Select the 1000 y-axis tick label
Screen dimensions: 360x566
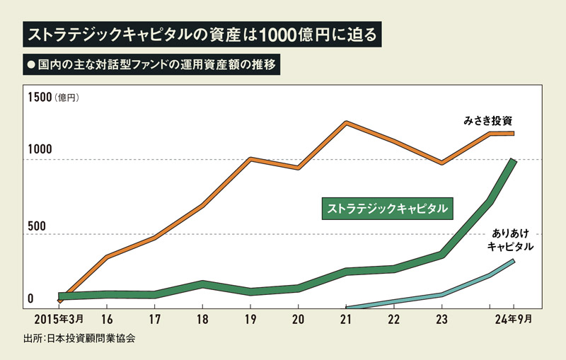tap(40, 151)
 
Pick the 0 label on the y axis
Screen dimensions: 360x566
tap(30, 299)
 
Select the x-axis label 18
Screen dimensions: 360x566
tap(202, 318)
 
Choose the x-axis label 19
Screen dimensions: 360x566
tap(250, 318)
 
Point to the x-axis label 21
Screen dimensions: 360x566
tap(346, 318)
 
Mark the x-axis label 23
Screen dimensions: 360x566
tap(441, 318)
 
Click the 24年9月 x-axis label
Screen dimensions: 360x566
tap(511, 318)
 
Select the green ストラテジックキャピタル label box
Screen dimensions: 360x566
tap(386, 209)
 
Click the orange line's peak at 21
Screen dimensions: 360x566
tap(346, 123)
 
